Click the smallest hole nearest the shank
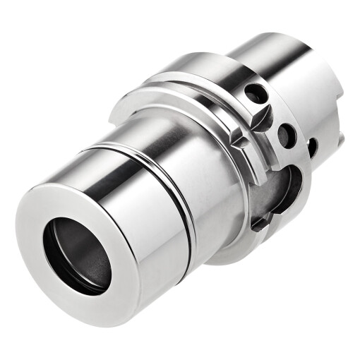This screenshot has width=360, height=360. point(311,146)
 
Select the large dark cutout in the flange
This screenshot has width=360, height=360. point(282,187)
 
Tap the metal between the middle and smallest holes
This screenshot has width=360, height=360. point(299,141)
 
